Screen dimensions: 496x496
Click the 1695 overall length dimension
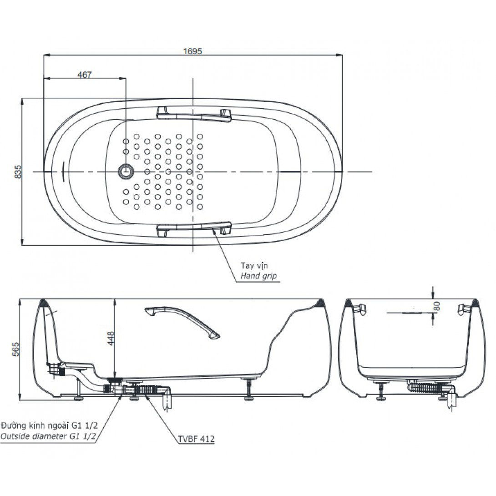[x=192, y=51]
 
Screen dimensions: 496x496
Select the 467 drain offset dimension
[x=85, y=74]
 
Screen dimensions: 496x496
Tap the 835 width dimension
[x=18, y=172]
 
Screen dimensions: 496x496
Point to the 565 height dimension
[x=15, y=349]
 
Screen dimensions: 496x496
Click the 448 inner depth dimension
[x=111, y=338]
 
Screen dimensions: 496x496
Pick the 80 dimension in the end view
[x=436, y=306]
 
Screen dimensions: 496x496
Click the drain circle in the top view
[x=126, y=171]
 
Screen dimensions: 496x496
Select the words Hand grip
[x=258, y=276]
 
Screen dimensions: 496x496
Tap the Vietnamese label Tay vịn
[x=254, y=265]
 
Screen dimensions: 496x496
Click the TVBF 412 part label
[x=196, y=439]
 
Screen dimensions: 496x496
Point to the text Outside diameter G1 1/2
[x=48, y=436]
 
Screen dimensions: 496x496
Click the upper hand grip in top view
[x=194, y=114]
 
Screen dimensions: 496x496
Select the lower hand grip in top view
[x=194, y=228]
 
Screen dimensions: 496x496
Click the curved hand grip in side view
[x=182, y=322]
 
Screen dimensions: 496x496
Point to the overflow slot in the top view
[x=63, y=172]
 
